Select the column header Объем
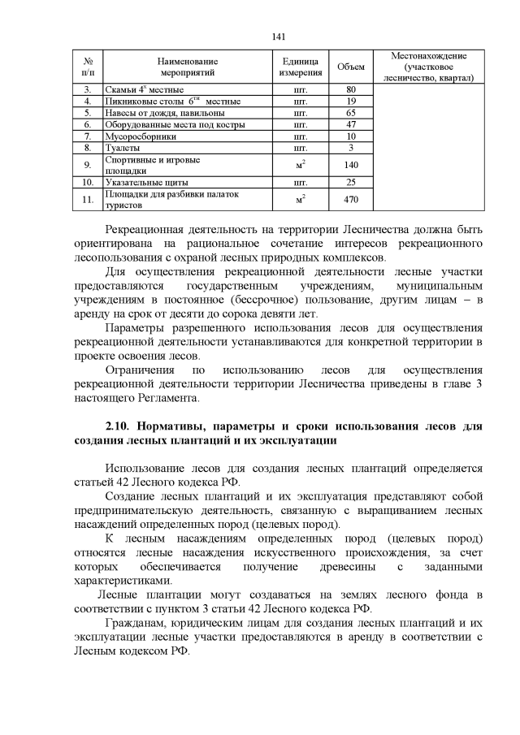351,67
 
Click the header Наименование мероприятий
188,67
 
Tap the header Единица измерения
299,67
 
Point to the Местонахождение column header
428,67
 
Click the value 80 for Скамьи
351,89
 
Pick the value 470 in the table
351,199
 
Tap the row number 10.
87,183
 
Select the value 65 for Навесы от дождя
351,113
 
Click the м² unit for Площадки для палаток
299,199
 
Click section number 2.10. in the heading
119,426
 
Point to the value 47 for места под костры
351,125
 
